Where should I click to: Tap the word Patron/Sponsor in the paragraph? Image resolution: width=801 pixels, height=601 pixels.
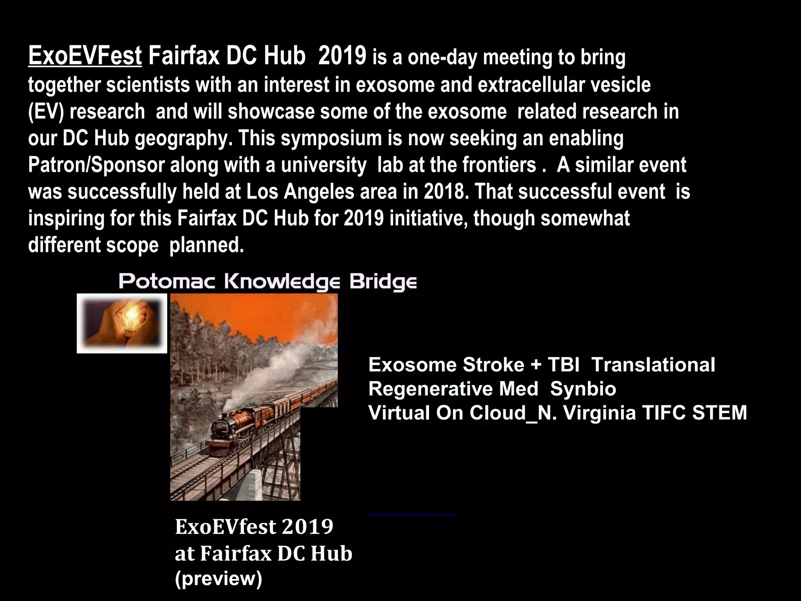(x=96, y=165)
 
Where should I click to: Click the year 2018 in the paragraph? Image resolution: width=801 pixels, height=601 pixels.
(x=445, y=192)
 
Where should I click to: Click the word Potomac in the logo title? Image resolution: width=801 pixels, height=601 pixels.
(x=167, y=282)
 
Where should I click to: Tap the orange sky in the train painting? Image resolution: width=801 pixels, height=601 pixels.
(x=274, y=309)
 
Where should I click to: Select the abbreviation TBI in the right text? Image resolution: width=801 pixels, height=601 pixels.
(x=564, y=365)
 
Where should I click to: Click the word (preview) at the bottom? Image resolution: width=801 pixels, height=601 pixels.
(x=218, y=579)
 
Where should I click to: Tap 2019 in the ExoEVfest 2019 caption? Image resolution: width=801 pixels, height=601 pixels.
(x=307, y=527)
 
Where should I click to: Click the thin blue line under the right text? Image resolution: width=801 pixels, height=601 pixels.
(x=412, y=515)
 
